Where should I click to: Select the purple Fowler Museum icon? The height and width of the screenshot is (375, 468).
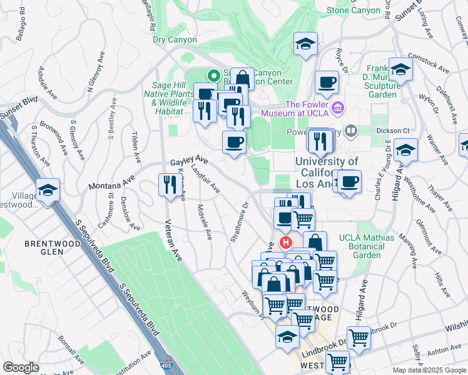338,108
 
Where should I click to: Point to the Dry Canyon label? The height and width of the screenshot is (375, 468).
175,40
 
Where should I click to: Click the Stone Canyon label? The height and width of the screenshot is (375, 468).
353,10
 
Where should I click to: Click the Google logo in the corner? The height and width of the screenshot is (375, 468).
21,367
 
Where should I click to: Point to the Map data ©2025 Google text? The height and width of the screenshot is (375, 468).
430,370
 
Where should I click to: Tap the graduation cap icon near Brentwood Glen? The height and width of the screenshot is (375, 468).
48,190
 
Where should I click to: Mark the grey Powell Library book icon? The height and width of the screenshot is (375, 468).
350,131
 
